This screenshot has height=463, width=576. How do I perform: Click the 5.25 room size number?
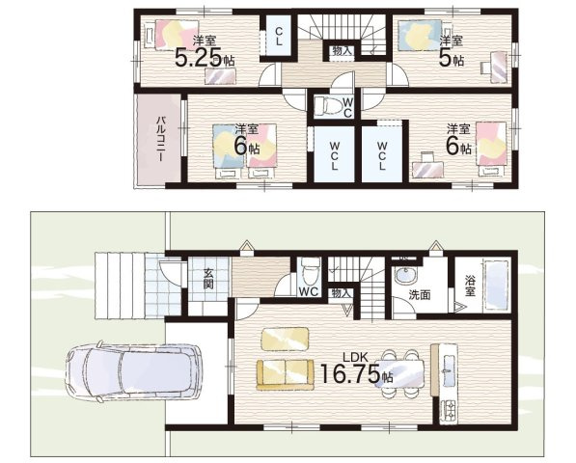(x=199, y=58)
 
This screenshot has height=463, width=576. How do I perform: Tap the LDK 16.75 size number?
(x=350, y=374)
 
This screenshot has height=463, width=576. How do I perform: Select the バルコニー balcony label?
(x=160, y=140)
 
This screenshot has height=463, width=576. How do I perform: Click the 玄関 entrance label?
(x=208, y=279)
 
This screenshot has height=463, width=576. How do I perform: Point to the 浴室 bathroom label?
(x=470, y=286)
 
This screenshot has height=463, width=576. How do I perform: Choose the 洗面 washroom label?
(x=420, y=295)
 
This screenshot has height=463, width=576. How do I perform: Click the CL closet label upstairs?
(x=279, y=37)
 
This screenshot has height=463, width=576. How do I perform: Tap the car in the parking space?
(x=133, y=372)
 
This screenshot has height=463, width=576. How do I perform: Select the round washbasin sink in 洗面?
(x=405, y=274)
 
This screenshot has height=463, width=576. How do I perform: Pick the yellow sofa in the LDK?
(x=285, y=375)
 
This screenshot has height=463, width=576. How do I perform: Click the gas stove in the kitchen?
(x=449, y=410)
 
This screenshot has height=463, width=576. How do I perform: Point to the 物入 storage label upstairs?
(x=342, y=51)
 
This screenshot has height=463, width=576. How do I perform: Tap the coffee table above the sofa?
(x=285, y=339)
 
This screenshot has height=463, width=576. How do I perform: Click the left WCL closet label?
(x=334, y=155)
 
